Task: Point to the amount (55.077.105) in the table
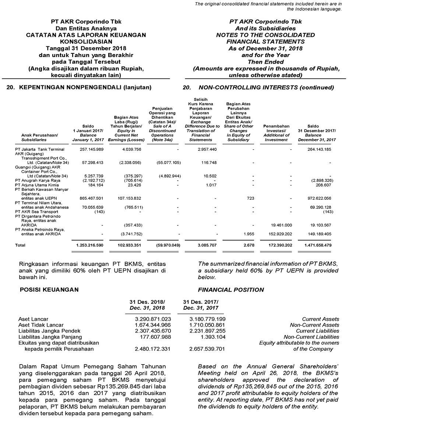pos(168,163)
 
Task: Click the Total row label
pos(20,245)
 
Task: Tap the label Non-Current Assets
pos(314,325)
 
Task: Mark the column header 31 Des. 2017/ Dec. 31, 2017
pos(201,305)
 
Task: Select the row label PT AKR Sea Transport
pos(36,212)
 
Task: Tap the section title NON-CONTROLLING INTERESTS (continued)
pos(266,88)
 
